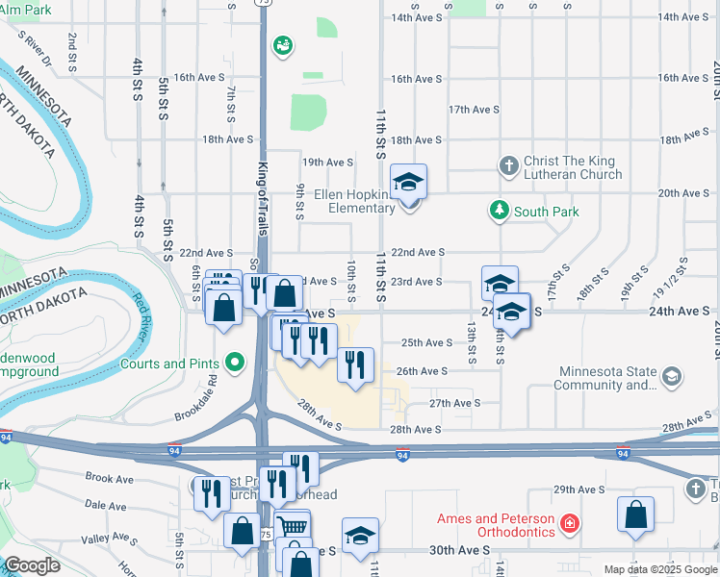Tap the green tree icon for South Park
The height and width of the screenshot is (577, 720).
[x=499, y=210]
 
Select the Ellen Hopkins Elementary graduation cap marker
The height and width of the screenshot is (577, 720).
[x=408, y=182]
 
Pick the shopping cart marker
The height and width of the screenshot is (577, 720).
[x=293, y=527]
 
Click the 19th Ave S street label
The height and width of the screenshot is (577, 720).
[x=327, y=163]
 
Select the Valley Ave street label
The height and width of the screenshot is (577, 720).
[x=109, y=539]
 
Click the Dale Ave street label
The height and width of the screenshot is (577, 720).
[x=106, y=504]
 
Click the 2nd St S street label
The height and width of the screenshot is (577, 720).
[x=73, y=53]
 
